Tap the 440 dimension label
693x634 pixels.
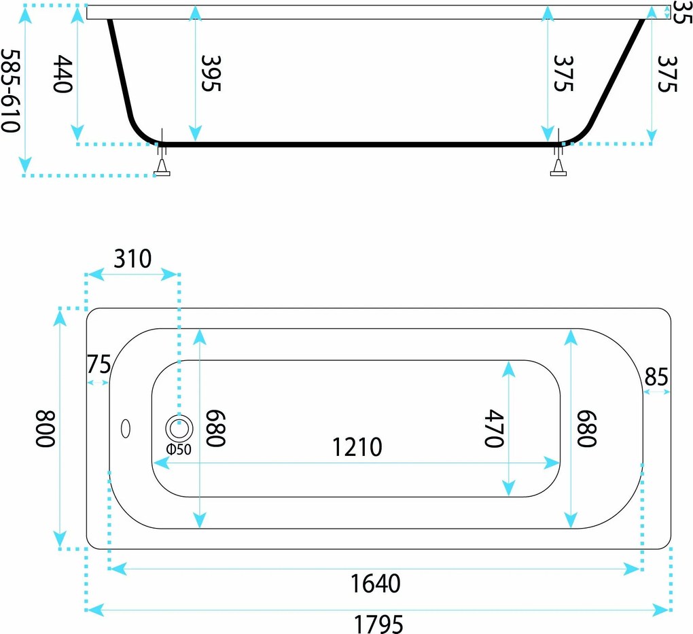(63, 74)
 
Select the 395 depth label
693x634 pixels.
(211, 73)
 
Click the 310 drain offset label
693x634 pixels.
(132, 259)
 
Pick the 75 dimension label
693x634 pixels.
(98, 364)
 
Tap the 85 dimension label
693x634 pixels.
(656, 377)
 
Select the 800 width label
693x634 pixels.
(45, 429)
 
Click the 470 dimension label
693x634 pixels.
(494, 429)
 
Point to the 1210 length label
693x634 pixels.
(357, 447)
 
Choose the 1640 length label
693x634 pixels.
(375, 583)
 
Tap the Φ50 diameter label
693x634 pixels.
(179, 450)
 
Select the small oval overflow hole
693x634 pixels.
(126, 428)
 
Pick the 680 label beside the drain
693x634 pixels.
(215, 429)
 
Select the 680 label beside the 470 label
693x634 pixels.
(587, 429)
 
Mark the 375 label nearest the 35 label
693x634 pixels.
(667, 74)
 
